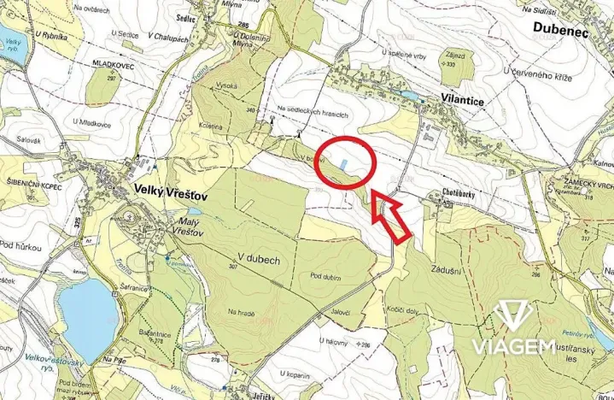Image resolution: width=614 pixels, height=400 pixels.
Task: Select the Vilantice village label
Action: coord(464,98)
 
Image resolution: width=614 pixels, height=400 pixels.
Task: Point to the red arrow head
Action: coord(376,201)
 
